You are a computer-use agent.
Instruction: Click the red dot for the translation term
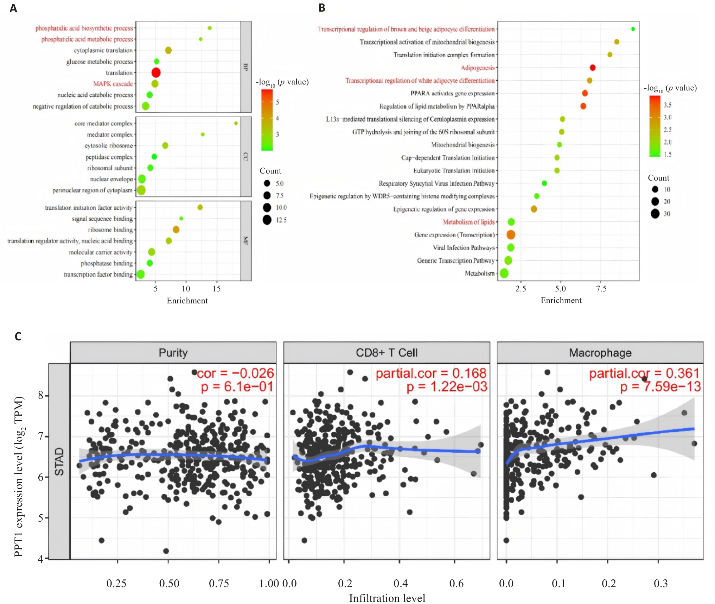(156, 73)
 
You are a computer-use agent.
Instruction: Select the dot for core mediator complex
(236, 123)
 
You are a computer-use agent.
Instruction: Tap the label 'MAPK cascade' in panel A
(113, 84)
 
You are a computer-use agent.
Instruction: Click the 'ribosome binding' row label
(110, 230)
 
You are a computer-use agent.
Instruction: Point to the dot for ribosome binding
(176, 230)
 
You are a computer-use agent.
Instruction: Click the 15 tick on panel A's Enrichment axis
(217, 289)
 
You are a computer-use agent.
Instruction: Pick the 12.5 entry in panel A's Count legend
(281, 220)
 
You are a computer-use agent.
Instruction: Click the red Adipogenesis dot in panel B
(593, 68)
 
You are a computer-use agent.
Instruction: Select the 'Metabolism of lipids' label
(468, 222)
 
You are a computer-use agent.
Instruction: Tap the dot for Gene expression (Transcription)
(511, 235)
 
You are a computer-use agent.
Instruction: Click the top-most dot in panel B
(633, 29)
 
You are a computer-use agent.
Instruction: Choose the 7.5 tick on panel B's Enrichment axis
(601, 289)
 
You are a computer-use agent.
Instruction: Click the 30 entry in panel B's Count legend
(667, 214)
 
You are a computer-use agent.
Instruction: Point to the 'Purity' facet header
(173, 353)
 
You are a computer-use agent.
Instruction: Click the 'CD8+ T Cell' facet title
(387, 353)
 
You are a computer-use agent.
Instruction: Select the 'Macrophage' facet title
(600, 353)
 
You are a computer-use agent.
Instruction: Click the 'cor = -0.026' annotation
(235, 373)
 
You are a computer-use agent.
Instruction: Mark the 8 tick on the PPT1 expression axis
(41, 395)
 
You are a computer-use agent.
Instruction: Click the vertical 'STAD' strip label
(59, 461)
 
